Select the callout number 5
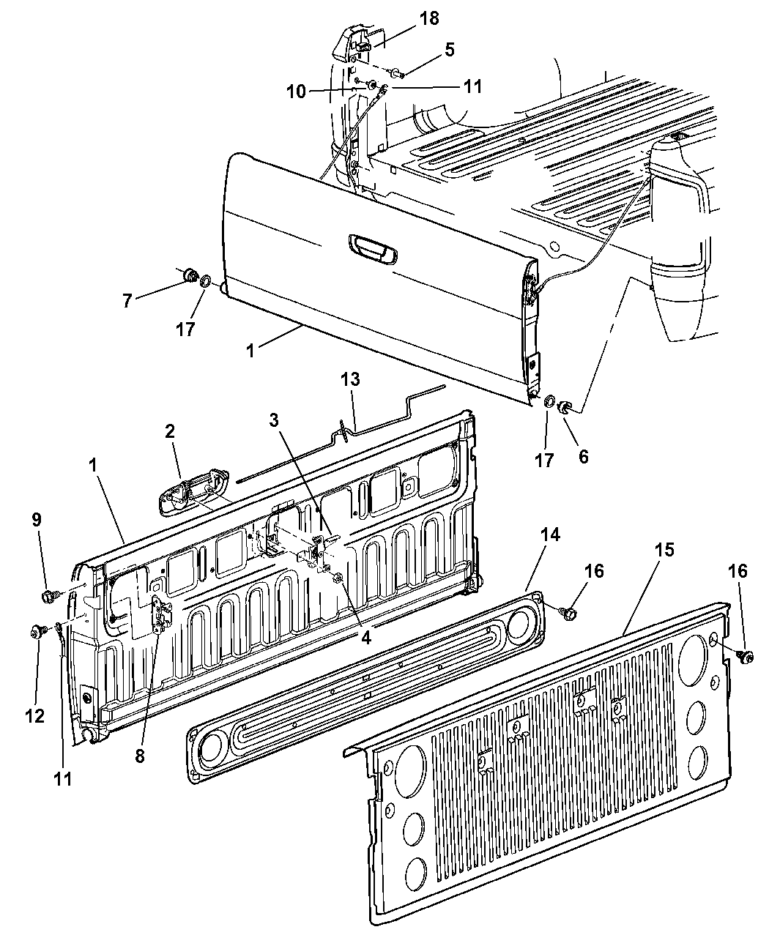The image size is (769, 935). click(449, 50)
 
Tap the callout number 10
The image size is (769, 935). click(296, 92)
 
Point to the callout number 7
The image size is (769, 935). click(127, 301)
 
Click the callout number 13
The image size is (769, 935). click(350, 379)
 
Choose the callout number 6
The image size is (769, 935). click(583, 456)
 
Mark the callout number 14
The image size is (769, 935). click(550, 535)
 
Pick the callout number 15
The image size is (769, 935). click(664, 550)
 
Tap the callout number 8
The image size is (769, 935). click(140, 756)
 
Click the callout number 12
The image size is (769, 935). click(35, 716)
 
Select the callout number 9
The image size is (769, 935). click(37, 520)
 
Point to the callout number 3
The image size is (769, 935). click(274, 420)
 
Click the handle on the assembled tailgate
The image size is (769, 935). click(373, 249)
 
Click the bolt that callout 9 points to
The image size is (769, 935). click(48, 596)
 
